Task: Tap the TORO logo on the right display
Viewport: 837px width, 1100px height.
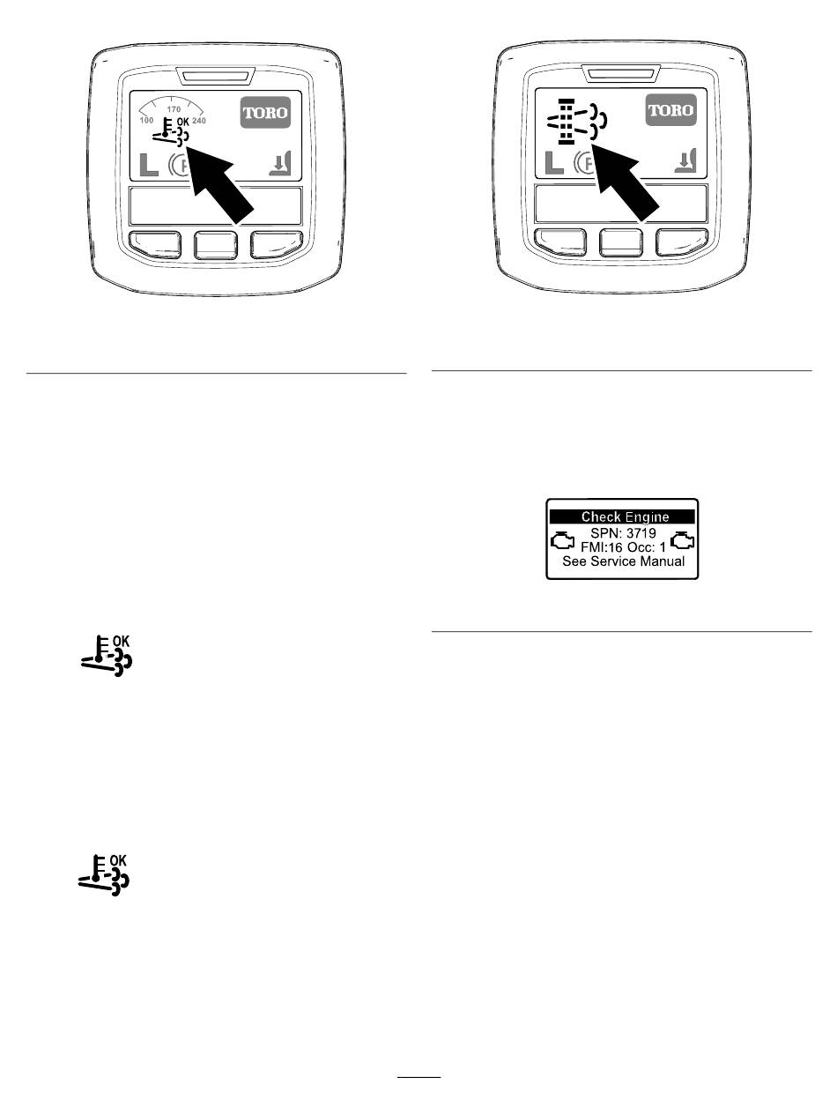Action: (x=670, y=112)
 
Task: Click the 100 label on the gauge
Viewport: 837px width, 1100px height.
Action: (x=146, y=119)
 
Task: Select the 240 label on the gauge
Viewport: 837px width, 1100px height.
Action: (x=198, y=119)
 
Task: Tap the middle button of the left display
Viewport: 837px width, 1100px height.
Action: (x=216, y=244)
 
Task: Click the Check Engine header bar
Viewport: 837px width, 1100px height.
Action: (x=622, y=517)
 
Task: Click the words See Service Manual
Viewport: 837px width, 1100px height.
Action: (x=622, y=561)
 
